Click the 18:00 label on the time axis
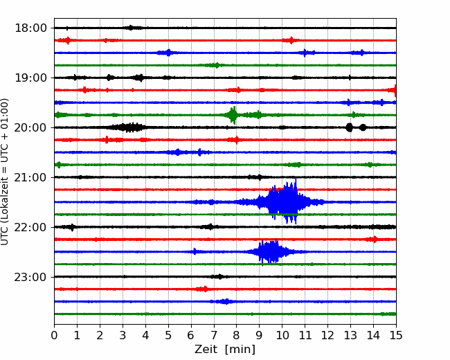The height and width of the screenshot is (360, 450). [30, 28]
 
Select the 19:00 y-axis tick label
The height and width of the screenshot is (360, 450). [30, 78]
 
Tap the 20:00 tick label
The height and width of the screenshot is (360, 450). [30, 127]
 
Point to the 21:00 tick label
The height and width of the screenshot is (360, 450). [30, 177]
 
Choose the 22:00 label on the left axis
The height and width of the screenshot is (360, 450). [30, 227]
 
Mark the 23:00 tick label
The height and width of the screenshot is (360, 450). [30, 277]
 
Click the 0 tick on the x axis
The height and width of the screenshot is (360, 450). [54, 335]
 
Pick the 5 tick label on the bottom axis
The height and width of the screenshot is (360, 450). [168, 335]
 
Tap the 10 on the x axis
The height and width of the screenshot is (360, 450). [282, 335]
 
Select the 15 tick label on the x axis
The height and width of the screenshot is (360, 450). [396, 335]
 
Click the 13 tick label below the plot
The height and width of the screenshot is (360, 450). [350, 335]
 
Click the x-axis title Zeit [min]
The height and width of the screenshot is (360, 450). [225, 350]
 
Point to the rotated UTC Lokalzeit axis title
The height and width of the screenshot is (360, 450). [4, 172]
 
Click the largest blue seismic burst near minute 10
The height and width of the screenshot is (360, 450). [282, 202]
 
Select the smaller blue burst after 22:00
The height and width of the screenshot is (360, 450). [270, 251]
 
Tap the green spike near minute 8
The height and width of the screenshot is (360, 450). [233, 115]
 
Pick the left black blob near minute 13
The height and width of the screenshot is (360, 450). [349, 127]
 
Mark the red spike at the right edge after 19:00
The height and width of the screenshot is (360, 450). [394, 91]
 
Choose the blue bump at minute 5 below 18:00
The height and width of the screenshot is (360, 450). [168, 53]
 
